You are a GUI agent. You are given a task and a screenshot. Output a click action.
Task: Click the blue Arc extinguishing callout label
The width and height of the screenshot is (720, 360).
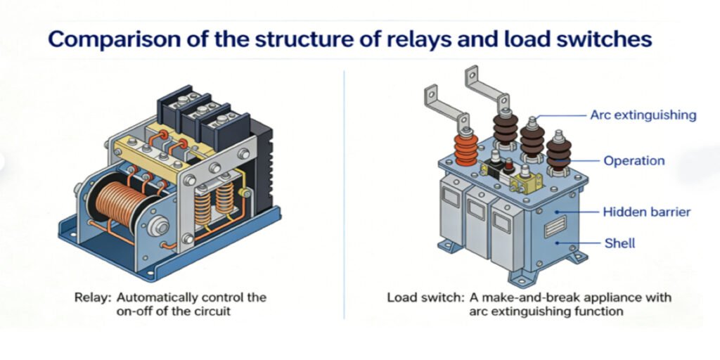coord(643,115)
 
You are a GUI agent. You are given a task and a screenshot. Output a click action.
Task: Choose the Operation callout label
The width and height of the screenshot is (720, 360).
coord(634,160)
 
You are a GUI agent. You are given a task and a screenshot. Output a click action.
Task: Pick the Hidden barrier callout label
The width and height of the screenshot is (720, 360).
coord(647,212)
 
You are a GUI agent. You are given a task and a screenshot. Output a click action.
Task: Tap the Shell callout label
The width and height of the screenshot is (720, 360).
coord(619,243)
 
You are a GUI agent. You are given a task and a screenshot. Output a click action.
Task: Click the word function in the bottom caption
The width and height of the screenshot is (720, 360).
coord(598,311)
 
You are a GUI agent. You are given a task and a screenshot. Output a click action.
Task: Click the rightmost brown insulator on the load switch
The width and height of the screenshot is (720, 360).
coord(560,152)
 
